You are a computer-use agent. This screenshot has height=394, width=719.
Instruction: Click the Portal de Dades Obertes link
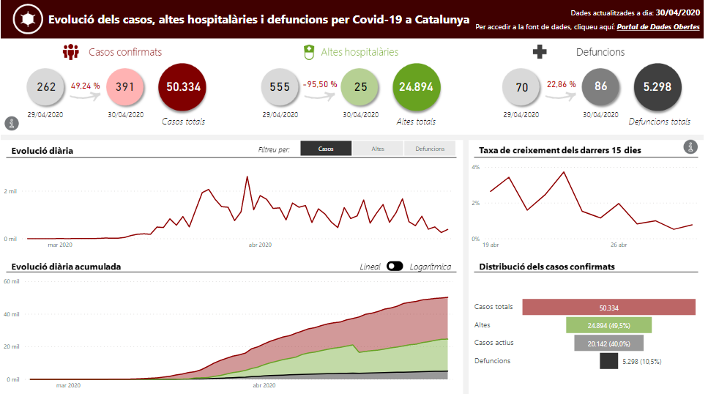657,27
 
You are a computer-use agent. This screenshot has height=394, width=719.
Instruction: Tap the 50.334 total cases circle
182,86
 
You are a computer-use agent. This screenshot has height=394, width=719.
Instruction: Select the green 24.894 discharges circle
417,86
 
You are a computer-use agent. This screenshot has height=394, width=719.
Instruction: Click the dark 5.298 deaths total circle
657,87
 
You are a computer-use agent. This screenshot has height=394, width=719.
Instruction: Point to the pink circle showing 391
125,87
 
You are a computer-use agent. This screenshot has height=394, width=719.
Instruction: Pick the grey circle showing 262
46,87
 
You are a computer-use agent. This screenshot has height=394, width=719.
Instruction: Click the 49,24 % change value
86,85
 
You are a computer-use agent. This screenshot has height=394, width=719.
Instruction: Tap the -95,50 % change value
320,85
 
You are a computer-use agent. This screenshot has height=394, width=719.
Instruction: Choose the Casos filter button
326,149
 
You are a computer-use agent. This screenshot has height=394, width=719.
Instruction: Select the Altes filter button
378,149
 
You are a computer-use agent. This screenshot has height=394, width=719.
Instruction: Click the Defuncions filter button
430,149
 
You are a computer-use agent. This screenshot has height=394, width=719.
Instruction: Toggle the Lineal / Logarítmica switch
395,267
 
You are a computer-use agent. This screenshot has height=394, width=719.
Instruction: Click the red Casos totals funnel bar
608,308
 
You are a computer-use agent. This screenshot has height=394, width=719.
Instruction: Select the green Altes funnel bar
608,325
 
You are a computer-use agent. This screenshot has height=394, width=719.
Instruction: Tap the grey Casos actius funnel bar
608,343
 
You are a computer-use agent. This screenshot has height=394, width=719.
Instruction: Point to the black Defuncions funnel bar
608,360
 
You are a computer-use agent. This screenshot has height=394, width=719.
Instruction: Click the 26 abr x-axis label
619,245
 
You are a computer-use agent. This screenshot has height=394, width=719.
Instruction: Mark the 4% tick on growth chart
475,168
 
